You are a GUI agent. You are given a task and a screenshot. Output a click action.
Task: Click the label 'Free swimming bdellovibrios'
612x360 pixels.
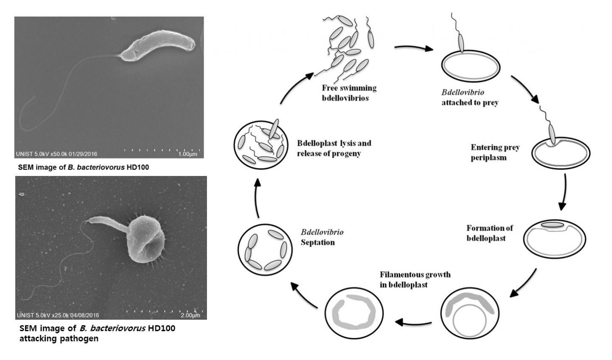pos(349,93)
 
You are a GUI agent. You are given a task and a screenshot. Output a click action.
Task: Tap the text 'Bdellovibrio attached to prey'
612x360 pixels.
pos(470,97)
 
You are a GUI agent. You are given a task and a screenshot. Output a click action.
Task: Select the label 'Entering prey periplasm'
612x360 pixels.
pos(495,153)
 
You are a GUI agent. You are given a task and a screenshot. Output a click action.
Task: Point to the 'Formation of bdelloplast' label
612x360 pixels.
pos(489,233)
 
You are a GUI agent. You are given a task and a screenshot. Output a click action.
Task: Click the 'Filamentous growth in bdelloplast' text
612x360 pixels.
pos(415,279)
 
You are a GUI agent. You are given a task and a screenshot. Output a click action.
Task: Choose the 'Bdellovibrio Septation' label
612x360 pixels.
pos(322,238)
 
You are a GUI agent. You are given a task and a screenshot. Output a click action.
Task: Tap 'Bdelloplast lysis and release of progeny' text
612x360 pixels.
pos(334,148)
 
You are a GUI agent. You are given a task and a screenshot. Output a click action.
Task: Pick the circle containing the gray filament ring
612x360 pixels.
pos(354,315)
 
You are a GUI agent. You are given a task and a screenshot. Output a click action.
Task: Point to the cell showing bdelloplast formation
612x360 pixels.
pos(554,238)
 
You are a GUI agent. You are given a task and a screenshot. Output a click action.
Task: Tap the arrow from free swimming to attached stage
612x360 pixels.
pos(413,48)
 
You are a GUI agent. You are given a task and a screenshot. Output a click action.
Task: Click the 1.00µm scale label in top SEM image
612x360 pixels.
pos(188,154)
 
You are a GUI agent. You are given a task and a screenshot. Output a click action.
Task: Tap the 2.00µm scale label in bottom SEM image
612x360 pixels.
pos(190,315)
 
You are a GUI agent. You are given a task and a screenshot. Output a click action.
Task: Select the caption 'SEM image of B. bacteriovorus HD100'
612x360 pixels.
pos(84,167)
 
